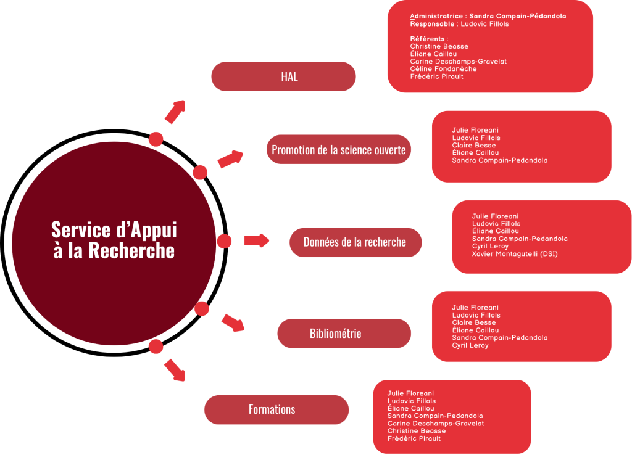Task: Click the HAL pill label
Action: (283, 76)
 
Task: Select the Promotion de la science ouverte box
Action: (339, 149)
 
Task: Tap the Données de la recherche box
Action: (355, 242)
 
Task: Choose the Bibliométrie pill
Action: (344, 334)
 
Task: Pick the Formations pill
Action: (276, 409)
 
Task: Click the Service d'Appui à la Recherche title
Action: (114, 240)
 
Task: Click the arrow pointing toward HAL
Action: (175, 112)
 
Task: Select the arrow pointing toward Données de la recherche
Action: (257, 240)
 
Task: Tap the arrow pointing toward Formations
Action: (175, 370)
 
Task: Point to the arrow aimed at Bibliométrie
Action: (233, 323)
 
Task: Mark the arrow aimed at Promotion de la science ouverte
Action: (231, 158)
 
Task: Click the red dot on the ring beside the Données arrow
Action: (224, 241)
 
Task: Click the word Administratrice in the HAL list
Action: (436, 17)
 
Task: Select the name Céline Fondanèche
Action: (443, 69)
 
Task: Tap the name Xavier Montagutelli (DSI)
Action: (515, 254)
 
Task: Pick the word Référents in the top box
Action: (427, 39)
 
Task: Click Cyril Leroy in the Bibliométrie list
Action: (470, 345)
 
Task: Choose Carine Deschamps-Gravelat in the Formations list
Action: (436, 423)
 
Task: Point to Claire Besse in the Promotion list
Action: (473, 145)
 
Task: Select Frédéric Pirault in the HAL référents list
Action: (436, 76)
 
